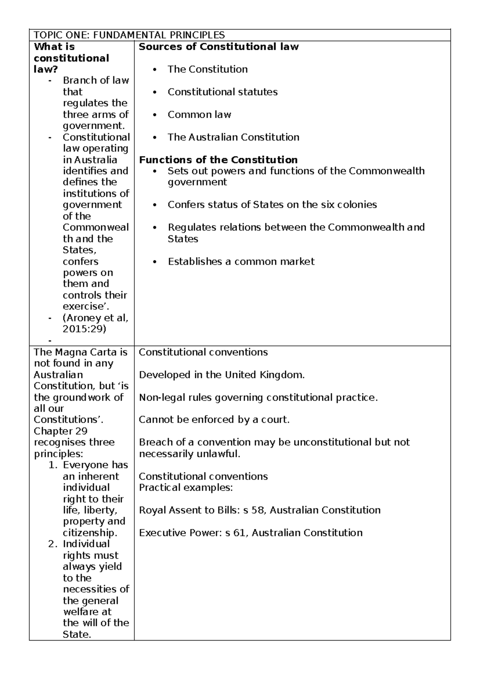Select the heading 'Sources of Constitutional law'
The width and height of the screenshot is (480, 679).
coord(218,47)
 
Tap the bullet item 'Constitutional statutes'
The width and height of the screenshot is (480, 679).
coord(222,92)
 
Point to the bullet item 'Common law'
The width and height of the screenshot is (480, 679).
coord(199,115)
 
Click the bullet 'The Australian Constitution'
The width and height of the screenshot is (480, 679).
coord(233,137)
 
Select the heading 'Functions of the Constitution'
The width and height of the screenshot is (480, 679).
coord(218,160)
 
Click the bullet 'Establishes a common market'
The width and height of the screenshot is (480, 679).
coord(241,262)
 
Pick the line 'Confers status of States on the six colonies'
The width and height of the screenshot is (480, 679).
coord(272,205)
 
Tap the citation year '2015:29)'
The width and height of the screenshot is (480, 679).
coord(84,329)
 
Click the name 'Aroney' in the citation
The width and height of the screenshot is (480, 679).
coord(84,318)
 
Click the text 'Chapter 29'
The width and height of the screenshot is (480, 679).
coord(60,431)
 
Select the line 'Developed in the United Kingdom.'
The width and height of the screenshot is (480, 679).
coord(222,375)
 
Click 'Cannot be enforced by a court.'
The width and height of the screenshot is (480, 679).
coord(214,420)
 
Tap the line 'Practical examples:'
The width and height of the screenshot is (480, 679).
coord(186,488)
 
